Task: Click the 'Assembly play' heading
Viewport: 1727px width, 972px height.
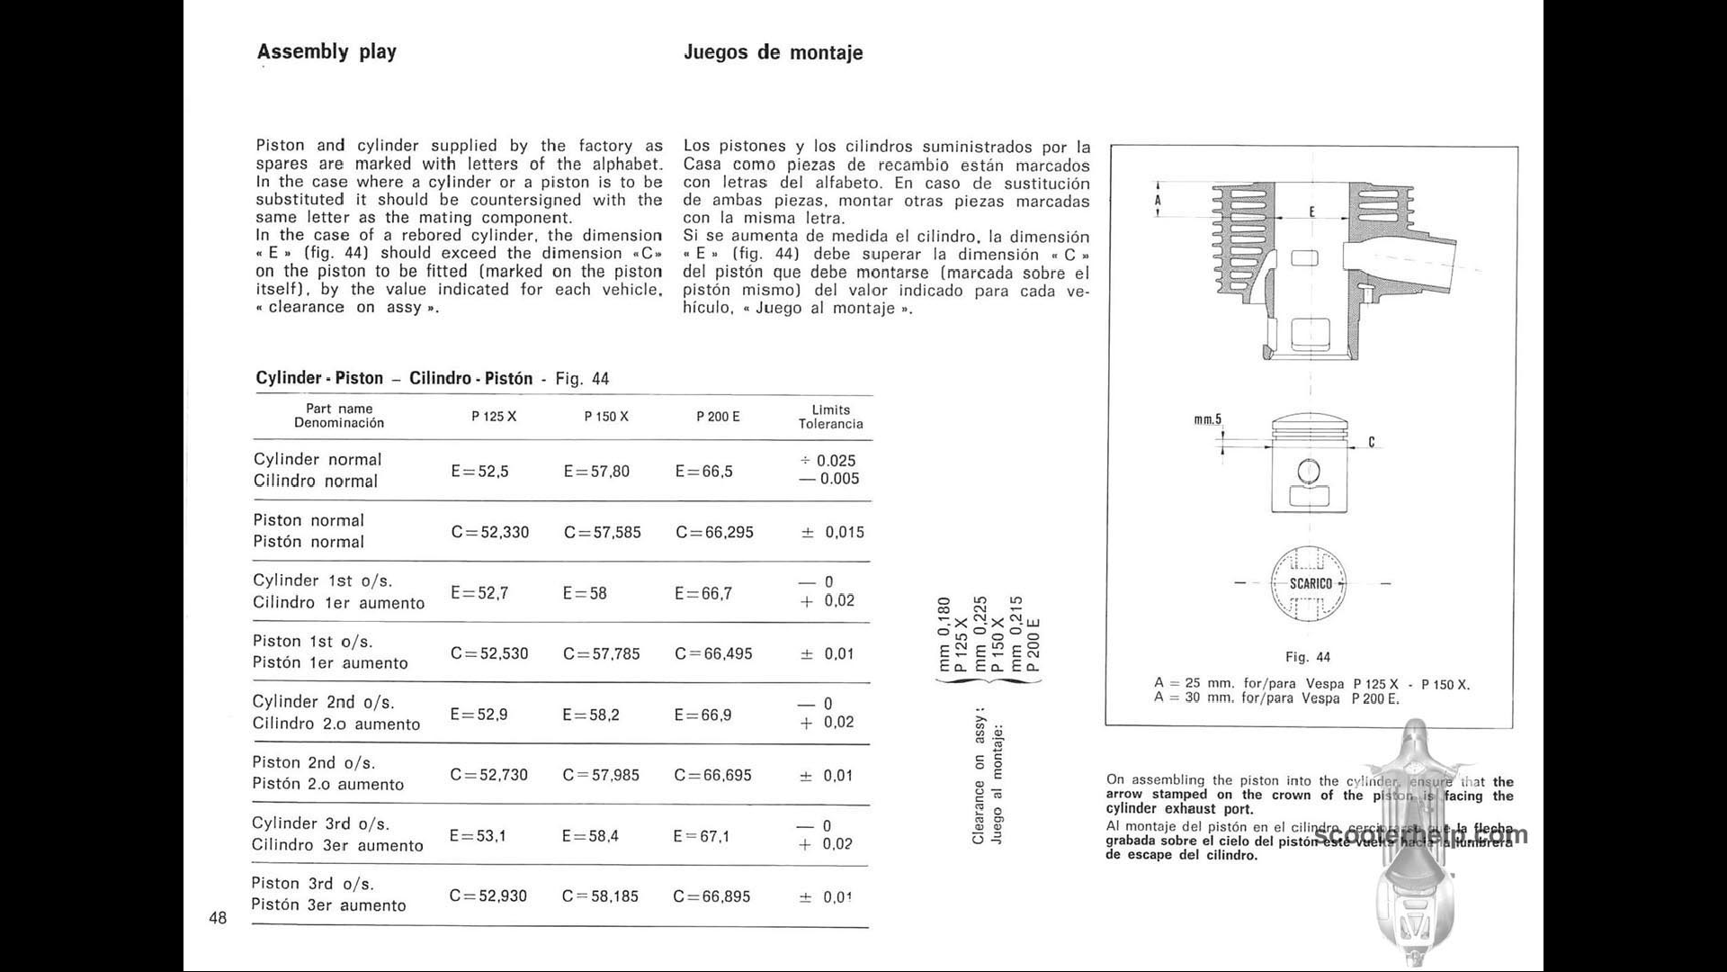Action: (x=327, y=51)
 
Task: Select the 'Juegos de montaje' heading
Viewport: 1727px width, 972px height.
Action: (x=773, y=52)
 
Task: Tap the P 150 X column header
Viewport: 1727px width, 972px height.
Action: (x=606, y=417)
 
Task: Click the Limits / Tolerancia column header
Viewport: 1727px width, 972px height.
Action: (x=830, y=417)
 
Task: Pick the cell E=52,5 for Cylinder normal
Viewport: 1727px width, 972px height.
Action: (x=479, y=471)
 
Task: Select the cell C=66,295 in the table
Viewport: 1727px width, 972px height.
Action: (x=714, y=532)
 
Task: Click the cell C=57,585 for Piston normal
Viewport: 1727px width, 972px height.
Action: (x=603, y=532)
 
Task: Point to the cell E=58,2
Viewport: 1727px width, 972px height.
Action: (x=591, y=715)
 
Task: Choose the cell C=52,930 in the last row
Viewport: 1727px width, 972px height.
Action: (x=488, y=896)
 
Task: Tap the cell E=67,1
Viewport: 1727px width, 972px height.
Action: (x=702, y=836)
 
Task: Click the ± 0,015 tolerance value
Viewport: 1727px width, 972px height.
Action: (x=832, y=532)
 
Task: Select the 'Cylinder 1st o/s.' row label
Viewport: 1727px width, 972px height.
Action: (x=323, y=580)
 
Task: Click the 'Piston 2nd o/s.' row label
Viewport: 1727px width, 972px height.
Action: (x=314, y=762)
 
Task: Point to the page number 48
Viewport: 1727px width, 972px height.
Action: (x=218, y=918)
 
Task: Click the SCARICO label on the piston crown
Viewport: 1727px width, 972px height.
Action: (x=1311, y=583)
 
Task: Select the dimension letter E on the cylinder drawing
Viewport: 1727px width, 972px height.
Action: (x=1312, y=211)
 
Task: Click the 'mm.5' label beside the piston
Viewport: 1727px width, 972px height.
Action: (x=1207, y=419)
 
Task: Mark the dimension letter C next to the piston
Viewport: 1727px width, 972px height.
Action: (x=1372, y=442)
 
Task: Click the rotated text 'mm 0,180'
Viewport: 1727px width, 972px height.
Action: (x=944, y=634)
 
